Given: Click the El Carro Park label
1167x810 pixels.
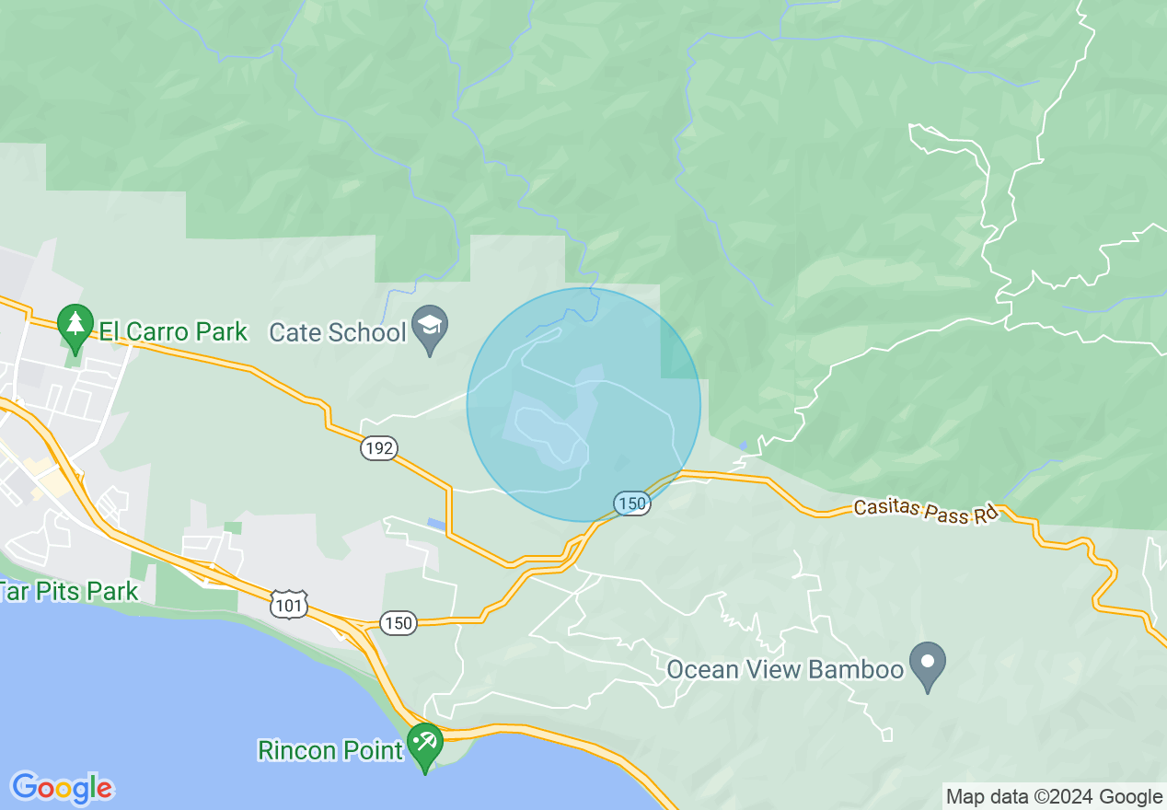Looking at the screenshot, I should pyautogui.click(x=173, y=331).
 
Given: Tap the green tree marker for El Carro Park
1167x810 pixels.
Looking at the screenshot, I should pyautogui.click(x=75, y=324).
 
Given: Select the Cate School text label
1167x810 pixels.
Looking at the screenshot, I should pyautogui.click(x=338, y=332).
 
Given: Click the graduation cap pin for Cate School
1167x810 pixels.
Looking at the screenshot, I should pyautogui.click(x=429, y=326).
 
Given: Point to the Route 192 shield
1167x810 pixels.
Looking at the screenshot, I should pyautogui.click(x=378, y=448).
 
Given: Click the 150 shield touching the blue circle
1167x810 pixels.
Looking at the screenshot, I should pyautogui.click(x=632, y=503).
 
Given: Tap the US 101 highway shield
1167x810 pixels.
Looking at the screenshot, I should pyautogui.click(x=289, y=605).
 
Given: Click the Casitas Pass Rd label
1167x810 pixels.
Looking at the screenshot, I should pyautogui.click(x=926, y=511).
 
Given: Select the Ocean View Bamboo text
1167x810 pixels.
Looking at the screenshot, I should pyautogui.click(x=785, y=669).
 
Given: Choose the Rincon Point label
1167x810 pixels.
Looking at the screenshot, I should pyautogui.click(x=330, y=750).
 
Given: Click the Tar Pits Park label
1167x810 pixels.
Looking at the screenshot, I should pyautogui.click(x=69, y=591).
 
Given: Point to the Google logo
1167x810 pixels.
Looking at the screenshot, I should pyautogui.click(x=62, y=788).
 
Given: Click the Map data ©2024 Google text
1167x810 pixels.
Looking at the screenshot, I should pyautogui.click(x=1054, y=797).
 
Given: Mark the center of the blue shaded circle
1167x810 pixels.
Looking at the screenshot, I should pyautogui.click(x=583, y=405).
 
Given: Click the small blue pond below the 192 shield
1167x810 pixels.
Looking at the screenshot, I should pyautogui.click(x=434, y=524).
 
